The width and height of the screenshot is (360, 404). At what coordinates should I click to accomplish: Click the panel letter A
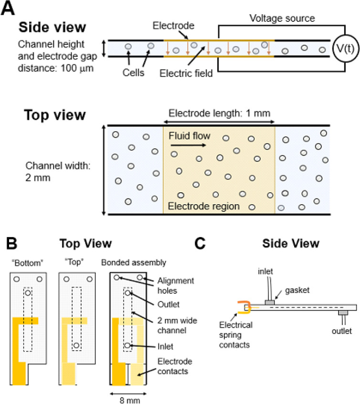click(x=8, y=9)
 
